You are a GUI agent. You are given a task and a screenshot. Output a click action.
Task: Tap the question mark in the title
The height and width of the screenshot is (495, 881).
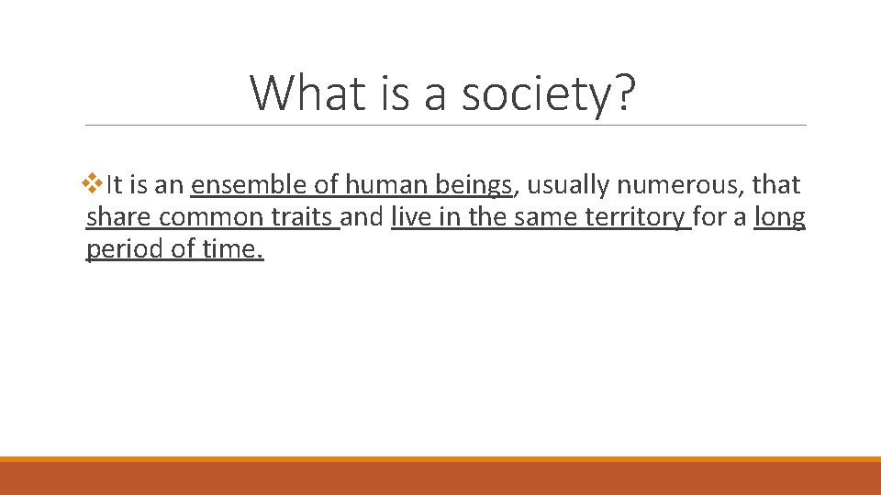point(621,93)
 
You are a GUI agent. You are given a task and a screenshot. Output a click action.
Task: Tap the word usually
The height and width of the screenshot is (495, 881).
point(567,185)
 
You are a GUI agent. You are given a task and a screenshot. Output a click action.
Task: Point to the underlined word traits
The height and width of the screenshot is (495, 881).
point(304,217)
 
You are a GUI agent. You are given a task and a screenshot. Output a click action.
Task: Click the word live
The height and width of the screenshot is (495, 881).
point(409,217)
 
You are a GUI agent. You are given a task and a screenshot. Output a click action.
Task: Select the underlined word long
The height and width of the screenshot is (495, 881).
point(779,217)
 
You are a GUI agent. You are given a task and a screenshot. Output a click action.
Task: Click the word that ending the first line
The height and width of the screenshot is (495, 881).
point(775,185)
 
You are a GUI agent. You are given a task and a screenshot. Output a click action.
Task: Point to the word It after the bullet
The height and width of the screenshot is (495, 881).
point(114,185)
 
